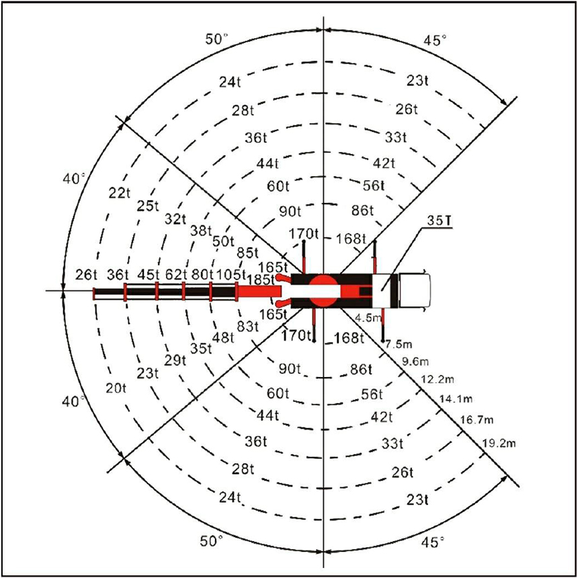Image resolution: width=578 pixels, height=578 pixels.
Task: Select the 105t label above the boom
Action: pos(231,275)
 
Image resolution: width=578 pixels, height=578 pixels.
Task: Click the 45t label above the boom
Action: pos(148,275)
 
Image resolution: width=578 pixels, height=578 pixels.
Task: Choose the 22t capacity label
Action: pos(120,193)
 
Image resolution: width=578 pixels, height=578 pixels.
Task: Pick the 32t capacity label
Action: pos(175,220)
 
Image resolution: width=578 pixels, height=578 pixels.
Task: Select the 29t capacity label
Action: pos(175,360)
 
